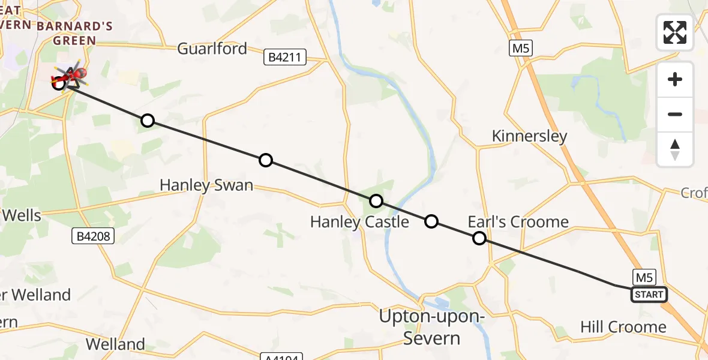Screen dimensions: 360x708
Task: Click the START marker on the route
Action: (x=649, y=295)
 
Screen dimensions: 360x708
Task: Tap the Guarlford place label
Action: (x=212, y=49)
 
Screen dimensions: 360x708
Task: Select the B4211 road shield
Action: (x=286, y=58)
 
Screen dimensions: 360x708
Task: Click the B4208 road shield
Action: (x=94, y=236)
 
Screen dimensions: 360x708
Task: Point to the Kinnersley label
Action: (x=529, y=136)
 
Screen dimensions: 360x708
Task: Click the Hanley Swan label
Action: (x=206, y=185)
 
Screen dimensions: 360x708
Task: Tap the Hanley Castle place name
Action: (x=359, y=222)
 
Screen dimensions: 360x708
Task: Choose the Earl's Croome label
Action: (x=518, y=222)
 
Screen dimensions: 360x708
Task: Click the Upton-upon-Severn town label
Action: (x=431, y=327)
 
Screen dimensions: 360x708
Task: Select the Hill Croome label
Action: (x=623, y=327)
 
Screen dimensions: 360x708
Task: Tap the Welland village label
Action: (x=115, y=344)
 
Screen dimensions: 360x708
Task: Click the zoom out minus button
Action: (x=675, y=114)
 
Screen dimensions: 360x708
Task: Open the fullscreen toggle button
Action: (x=675, y=32)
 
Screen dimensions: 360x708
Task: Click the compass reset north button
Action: (x=675, y=149)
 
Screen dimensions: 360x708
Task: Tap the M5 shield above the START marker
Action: (x=644, y=277)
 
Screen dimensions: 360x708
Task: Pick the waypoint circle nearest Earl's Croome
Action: (x=479, y=238)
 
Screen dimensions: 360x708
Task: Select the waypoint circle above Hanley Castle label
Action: (x=376, y=201)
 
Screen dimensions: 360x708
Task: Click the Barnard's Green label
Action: (x=66, y=34)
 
